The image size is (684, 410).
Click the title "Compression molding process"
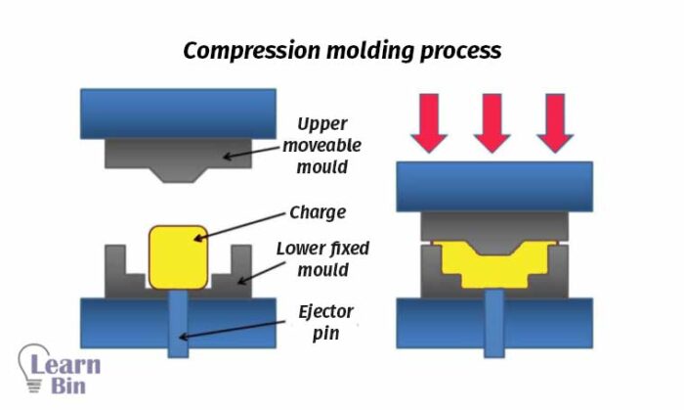[x=341, y=50]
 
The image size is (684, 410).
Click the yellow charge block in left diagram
[x=178, y=256]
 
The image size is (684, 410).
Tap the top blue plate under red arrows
[x=493, y=186]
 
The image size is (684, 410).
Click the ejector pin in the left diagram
[x=177, y=323]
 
